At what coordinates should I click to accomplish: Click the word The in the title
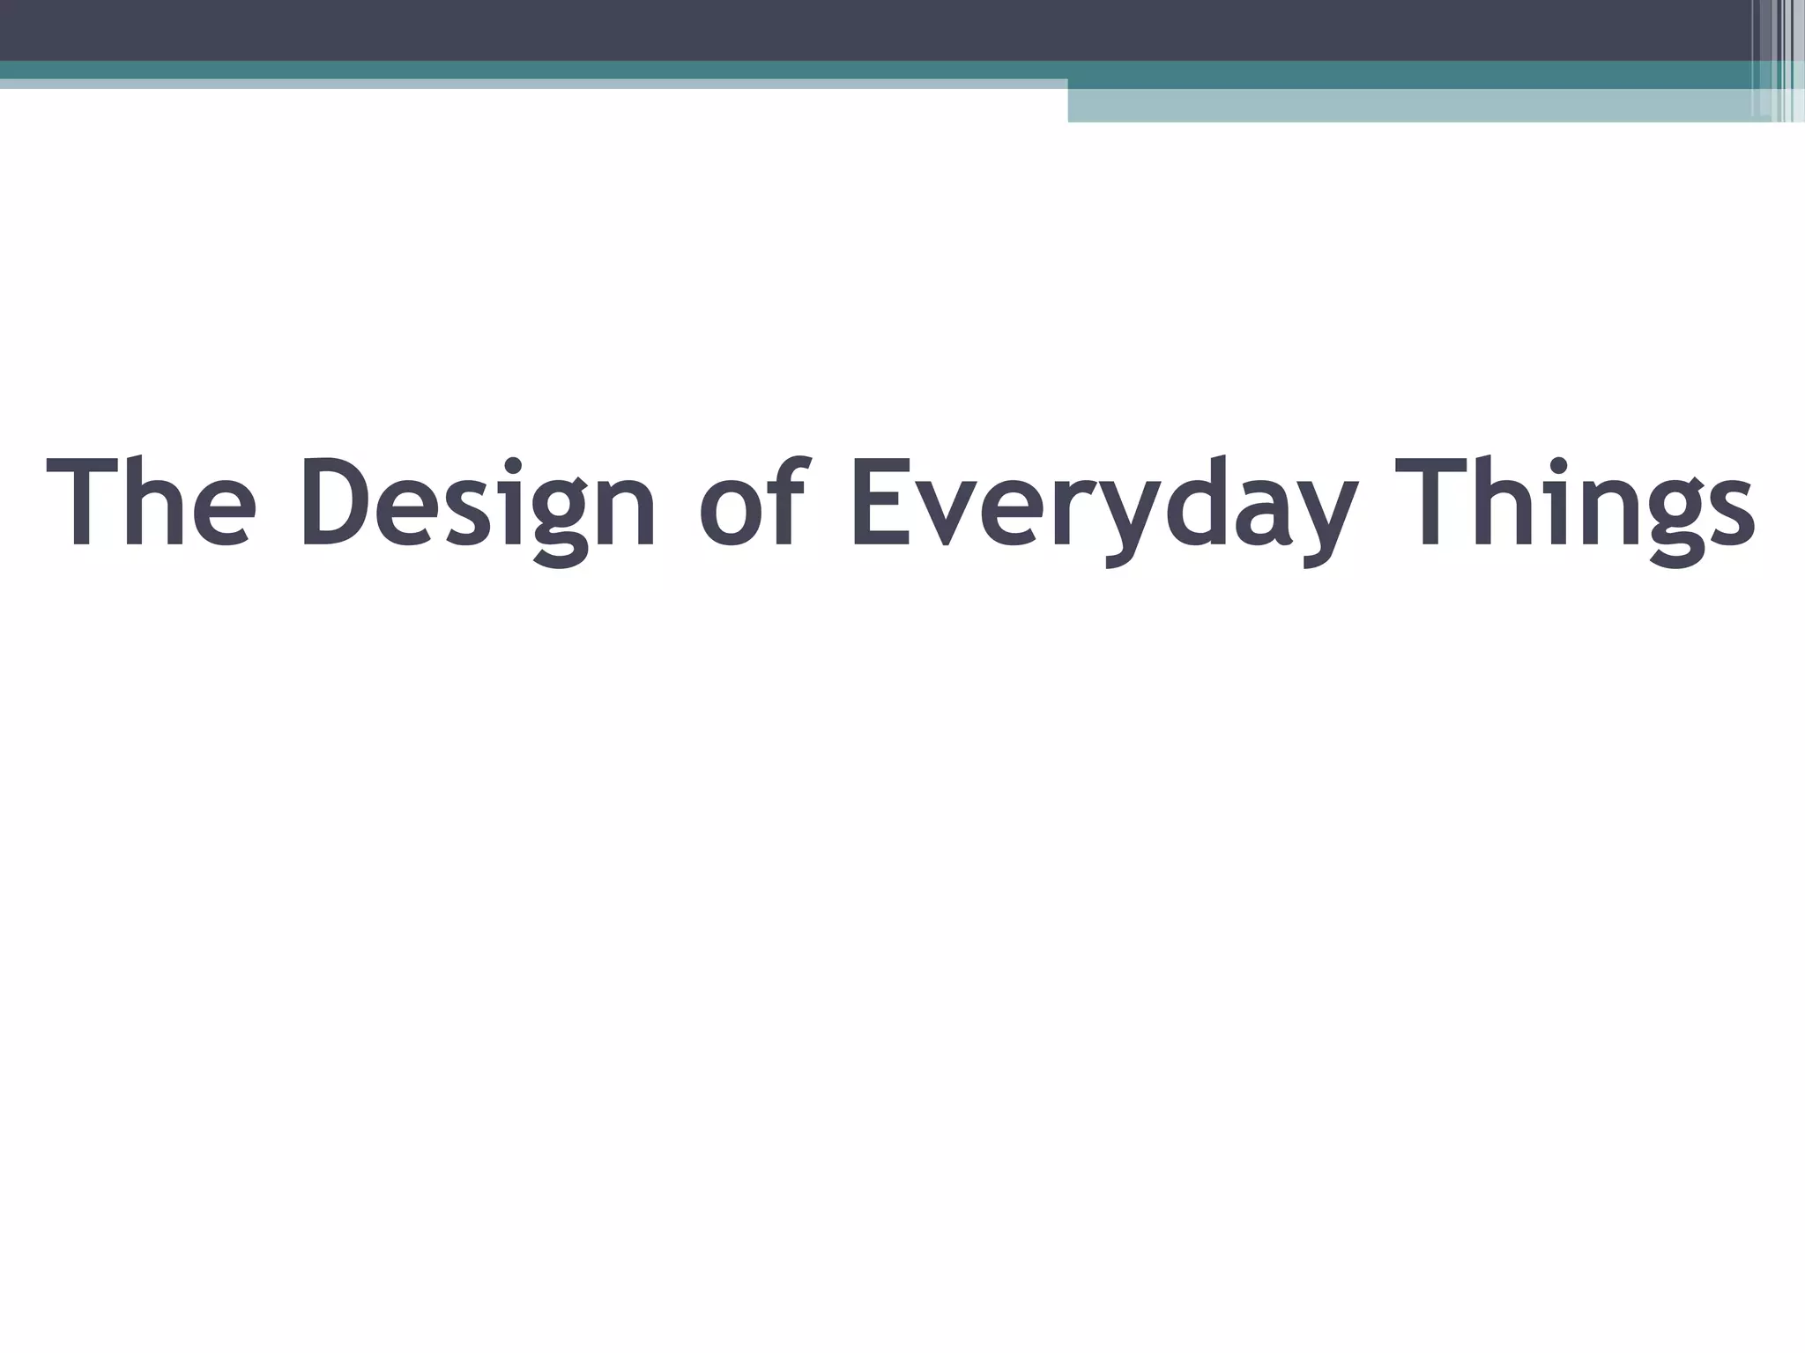pos(151,503)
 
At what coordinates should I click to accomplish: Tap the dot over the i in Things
pos(1558,464)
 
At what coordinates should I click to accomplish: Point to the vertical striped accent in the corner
pos(1777,61)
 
